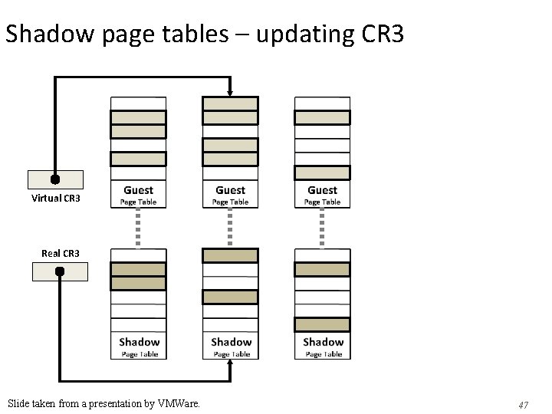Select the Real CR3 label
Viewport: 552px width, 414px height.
[x=61, y=252]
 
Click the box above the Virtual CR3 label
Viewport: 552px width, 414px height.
[x=55, y=179]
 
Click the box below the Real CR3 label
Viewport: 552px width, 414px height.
[x=60, y=271]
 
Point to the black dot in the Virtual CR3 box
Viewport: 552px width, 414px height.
[x=55, y=180]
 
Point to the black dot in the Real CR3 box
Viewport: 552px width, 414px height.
[x=60, y=271]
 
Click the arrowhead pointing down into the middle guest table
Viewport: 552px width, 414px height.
[x=230, y=93]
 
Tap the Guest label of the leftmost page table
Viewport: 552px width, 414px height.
[x=138, y=190]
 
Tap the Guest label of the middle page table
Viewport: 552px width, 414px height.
[x=230, y=190]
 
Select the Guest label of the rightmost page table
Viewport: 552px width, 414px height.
[x=322, y=190]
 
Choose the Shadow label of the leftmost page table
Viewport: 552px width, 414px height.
[x=139, y=342]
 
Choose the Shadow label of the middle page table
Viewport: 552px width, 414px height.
[x=231, y=342]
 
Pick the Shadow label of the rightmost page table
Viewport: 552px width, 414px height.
[x=323, y=342]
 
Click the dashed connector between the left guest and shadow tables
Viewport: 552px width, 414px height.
[x=138, y=228]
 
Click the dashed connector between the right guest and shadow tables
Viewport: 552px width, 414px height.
[x=322, y=228]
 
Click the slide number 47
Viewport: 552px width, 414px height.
[x=524, y=404]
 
